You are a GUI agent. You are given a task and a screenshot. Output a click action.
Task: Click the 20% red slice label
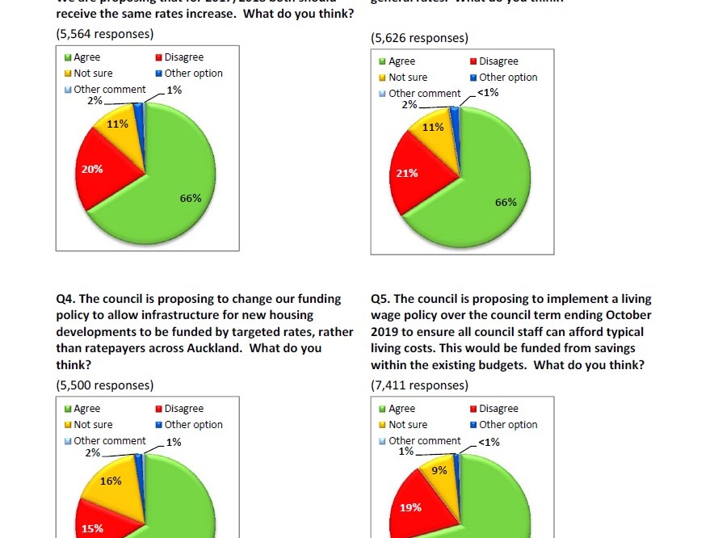pyautogui.click(x=91, y=170)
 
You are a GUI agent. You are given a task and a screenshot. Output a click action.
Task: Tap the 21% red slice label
pyautogui.click(x=407, y=174)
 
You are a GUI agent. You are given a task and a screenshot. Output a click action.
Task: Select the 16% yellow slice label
pyautogui.click(x=111, y=481)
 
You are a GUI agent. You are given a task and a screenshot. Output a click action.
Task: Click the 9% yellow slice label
pyautogui.click(x=439, y=469)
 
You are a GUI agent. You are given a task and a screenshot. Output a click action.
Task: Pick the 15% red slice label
pyautogui.click(x=92, y=528)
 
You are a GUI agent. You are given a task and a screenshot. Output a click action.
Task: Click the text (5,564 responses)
pyautogui.click(x=104, y=34)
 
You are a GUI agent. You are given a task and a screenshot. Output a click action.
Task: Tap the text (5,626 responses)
pyautogui.click(x=419, y=38)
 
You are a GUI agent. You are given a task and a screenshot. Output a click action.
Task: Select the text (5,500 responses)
pyautogui.click(x=104, y=385)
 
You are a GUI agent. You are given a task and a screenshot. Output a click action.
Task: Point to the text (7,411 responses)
pyautogui.click(x=419, y=385)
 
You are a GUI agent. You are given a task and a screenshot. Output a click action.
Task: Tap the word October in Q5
pyautogui.click(x=627, y=315)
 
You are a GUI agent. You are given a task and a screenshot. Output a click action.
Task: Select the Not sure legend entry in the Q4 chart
pyautogui.click(x=93, y=424)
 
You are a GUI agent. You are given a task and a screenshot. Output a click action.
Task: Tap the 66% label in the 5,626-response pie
pyautogui.click(x=506, y=202)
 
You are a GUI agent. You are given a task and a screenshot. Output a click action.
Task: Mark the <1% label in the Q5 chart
pyautogui.click(x=489, y=442)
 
